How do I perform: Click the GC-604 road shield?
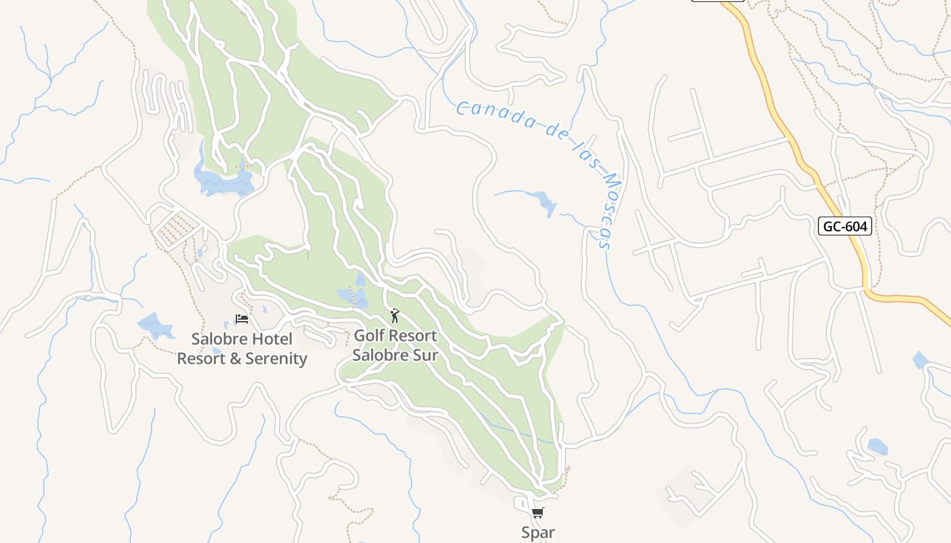[844, 226]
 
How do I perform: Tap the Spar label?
[538, 533]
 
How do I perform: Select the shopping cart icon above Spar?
[538, 513]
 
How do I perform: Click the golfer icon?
[395, 316]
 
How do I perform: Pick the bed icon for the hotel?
[242, 318]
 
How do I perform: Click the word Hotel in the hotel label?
[271, 339]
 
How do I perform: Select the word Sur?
[424, 354]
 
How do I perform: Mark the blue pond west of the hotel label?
[156, 326]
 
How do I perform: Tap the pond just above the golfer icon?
[353, 296]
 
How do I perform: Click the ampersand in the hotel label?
[235, 358]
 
